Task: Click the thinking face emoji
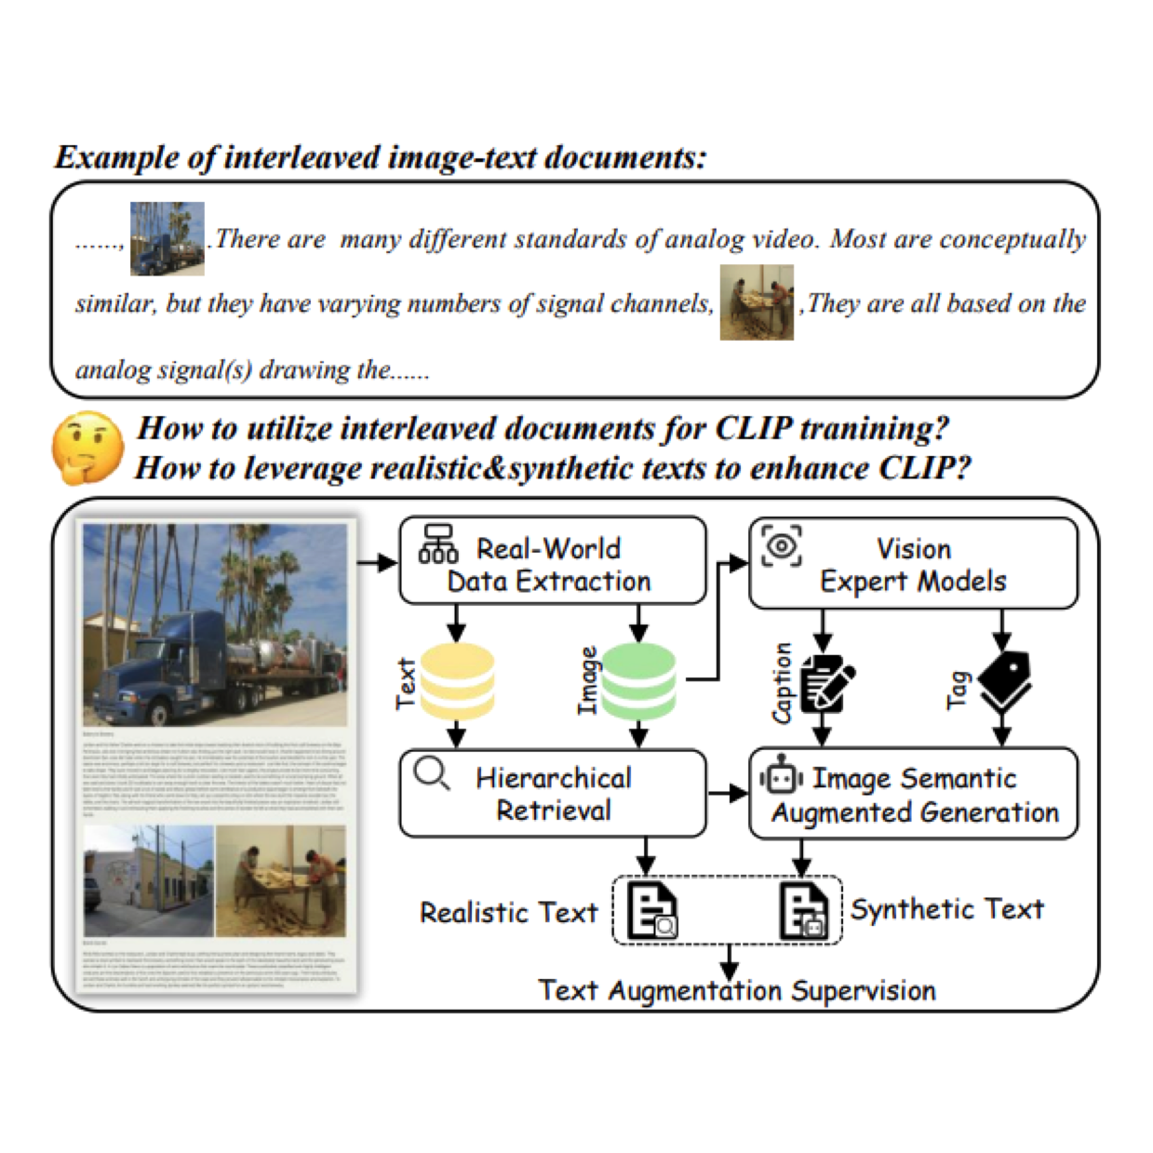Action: [87, 448]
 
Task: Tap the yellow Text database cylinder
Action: [457, 682]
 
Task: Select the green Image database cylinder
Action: [638, 682]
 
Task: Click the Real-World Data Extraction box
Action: [553, 561]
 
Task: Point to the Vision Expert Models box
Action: [913, 564]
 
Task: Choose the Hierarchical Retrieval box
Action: [553, 794]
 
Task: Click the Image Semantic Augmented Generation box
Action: [913, 795]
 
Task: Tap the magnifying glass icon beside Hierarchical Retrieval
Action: [432, 773]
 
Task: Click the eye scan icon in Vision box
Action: [781, 545]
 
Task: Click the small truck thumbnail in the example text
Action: [167, 239]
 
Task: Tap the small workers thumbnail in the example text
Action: [757, 302]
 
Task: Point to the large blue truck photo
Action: [215, 624]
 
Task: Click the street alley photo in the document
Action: [149, 880]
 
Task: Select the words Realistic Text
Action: [508, 913]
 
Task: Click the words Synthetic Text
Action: [946, 909]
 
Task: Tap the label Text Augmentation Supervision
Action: [736, 990]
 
